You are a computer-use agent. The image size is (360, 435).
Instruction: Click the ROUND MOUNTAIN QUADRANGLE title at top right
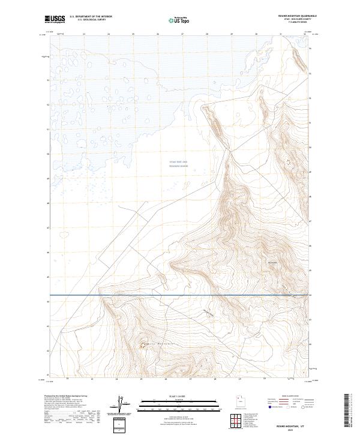(x=295, y=16)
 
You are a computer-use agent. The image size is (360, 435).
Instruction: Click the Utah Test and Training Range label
(x=178, y=164)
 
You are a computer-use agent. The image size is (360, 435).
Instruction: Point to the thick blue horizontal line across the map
(x=180, y=295)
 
